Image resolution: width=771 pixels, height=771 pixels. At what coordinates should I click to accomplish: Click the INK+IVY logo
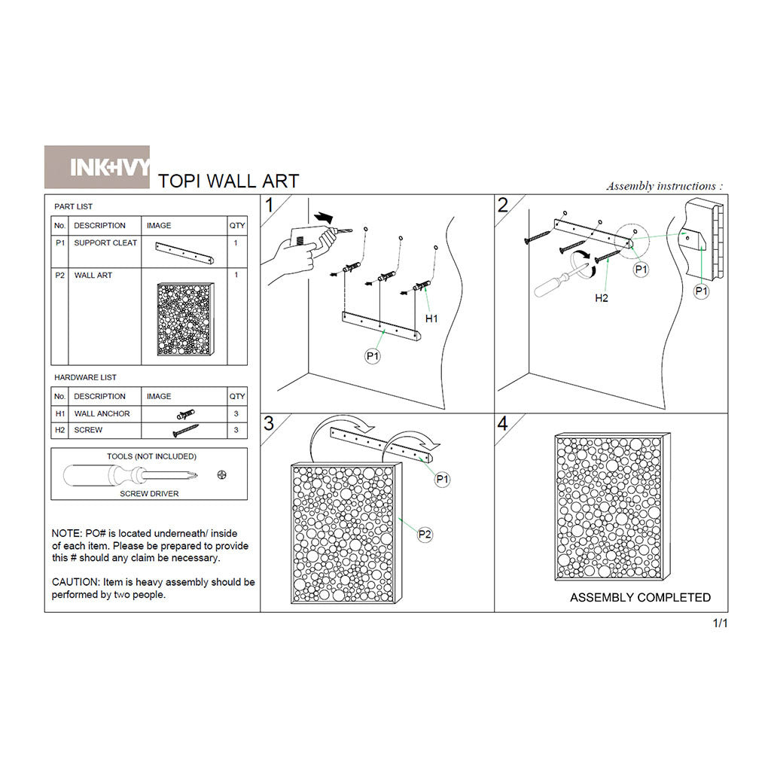pyautogui.click(x=97, y=166)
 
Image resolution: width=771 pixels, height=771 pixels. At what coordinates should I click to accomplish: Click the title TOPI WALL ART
pyautogui.click(x=228, y=181)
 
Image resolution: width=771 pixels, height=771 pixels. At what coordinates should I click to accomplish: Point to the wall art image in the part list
pyautogui.click(x=186, y=319)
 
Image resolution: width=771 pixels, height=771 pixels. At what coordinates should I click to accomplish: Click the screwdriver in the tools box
pyautogui.click(x=130, y=476)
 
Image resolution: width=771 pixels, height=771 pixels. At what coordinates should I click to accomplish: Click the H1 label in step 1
pyautogui.click(x=431, y=318)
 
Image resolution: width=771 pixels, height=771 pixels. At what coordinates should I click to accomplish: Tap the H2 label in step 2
pyautogui.click(x=602, y=298)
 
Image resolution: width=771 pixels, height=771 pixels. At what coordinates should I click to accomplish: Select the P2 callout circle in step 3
pyautogui.click(x=425, y=535)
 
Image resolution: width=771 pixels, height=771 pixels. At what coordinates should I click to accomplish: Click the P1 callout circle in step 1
pyautogui.click(x=373, y=355)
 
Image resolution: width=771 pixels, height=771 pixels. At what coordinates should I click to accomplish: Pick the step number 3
pyautogui.click(x=269, y=423)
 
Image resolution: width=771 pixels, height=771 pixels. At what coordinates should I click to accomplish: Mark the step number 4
pyautogui.click(x=502, y=423)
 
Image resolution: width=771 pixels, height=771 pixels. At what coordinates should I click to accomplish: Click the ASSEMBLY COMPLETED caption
pyautogui.click(x=640, y=597)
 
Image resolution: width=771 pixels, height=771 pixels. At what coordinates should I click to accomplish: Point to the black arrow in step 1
pyautogui.click(x=323, y=217)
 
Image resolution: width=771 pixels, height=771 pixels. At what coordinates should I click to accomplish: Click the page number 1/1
pyautogui.click(x=720, y=623)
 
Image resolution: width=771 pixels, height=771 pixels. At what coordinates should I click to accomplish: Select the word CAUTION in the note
pyautogui.click(x=76, y=582)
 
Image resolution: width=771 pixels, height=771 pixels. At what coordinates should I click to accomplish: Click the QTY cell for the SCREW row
pyautogui.click(x=236, y=430)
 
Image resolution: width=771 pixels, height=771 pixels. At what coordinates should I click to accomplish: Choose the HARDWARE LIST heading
pyautogui.click(x=85, y=378)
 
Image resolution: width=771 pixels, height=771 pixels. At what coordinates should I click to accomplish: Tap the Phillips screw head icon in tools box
pyautogui.click(x=222, y=475)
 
